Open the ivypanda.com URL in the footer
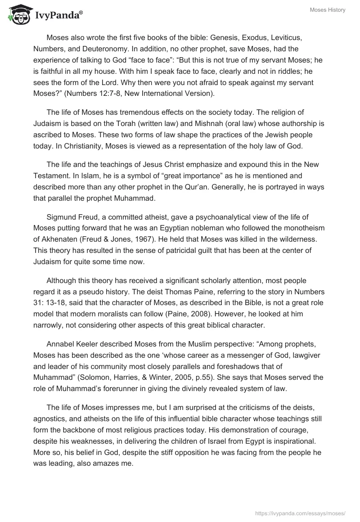tap(301, 513)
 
